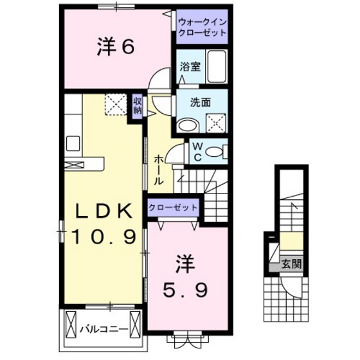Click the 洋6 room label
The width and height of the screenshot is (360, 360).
pos(116,48)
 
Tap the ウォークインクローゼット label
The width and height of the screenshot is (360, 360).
pos(203,27)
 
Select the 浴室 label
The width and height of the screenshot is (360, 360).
pos(190,67)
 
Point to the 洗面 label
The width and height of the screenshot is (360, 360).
pos(201,102)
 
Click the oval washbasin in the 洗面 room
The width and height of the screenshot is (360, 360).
pos(188,125)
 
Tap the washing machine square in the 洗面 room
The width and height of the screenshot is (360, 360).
pos(216,123)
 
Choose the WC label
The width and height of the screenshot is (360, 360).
pos(198,152)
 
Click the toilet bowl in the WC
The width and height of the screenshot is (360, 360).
pos(214,152)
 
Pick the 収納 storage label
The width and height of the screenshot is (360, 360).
pos(138,106)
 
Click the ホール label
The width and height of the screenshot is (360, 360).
pos(159,170)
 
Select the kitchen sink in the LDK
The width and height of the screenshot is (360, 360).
pos(73,143)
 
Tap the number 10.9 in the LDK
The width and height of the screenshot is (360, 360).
pos(104,237)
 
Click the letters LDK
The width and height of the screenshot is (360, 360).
pos(104,211)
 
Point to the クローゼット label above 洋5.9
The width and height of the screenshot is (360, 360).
pos(173,208)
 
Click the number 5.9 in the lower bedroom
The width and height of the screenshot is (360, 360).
pos(186,290)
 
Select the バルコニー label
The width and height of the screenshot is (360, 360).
pos(104,330)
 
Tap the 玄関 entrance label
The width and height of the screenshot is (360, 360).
pos(291,264)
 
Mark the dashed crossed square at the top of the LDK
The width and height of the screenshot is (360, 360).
pos(116,104)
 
